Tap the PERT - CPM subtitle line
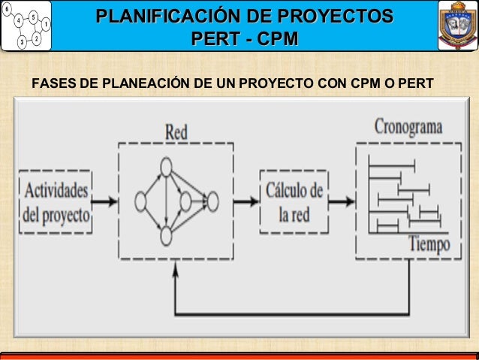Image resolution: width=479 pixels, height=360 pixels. click(246, 38)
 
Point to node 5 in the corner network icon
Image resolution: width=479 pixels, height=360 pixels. click(34, 17)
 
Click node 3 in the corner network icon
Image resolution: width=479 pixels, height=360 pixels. click(23, 42)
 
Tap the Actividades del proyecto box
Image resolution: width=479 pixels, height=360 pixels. click(56, 201)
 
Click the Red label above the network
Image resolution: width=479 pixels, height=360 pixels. click(176, 132)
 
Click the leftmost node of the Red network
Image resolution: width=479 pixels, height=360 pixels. click(140, 201)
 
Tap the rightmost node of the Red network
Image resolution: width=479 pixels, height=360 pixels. click(212, 201)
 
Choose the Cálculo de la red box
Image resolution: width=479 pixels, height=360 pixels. click(294, 201)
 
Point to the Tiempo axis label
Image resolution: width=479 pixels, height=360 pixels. click(429, 244)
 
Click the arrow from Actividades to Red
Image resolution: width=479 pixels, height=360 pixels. click(104, 201)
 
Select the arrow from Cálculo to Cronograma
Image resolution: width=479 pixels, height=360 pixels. click(342, 201)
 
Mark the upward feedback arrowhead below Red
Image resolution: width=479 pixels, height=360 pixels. click(175, 271)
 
